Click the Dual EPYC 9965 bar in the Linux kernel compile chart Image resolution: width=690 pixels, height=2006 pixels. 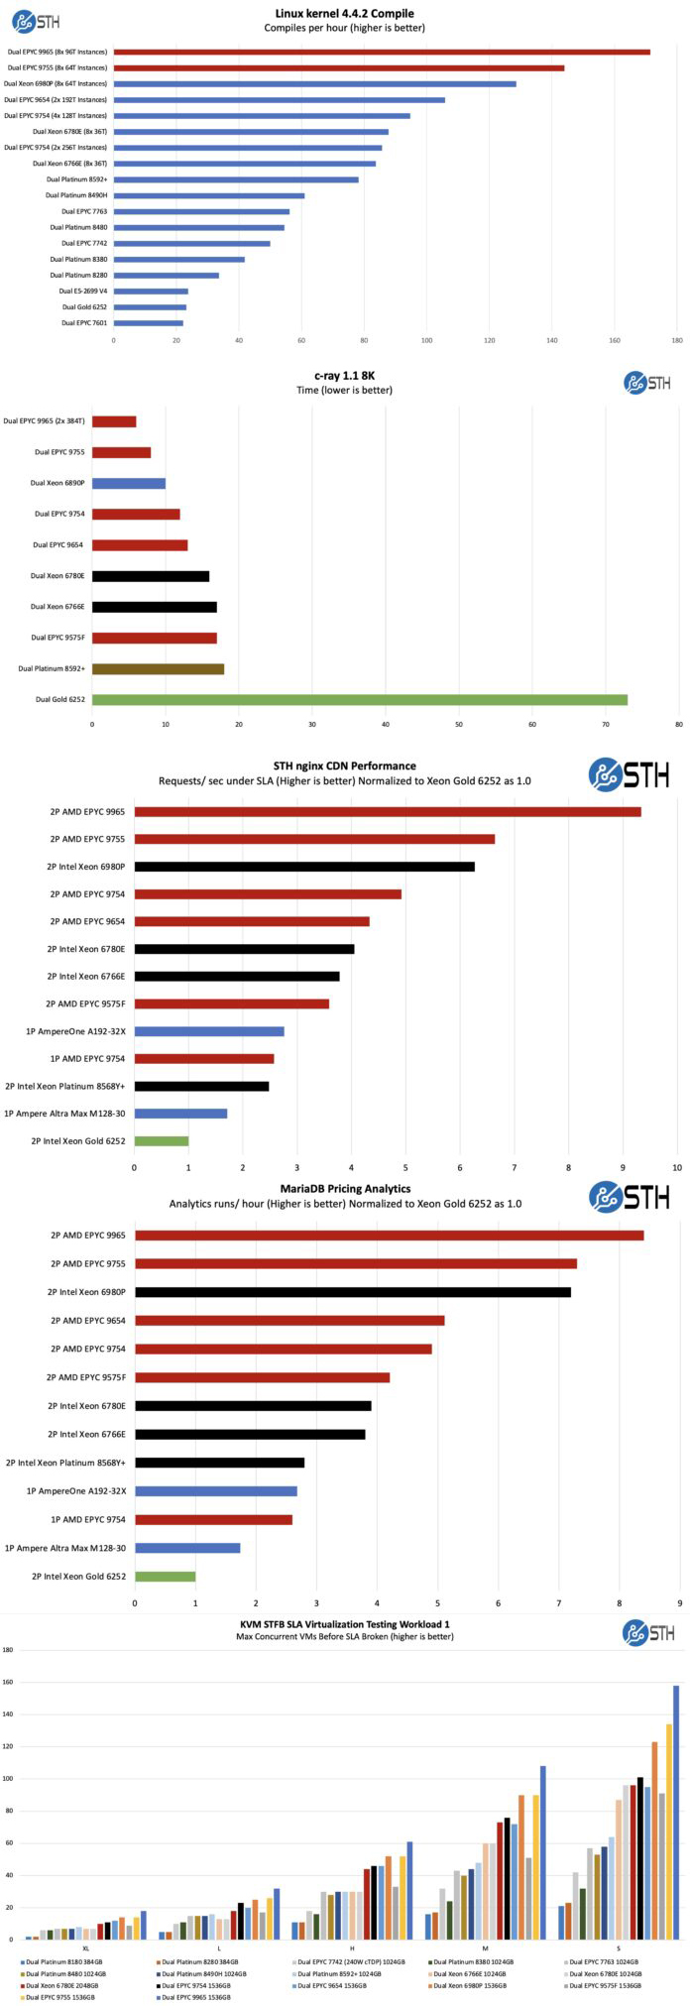[382, 52]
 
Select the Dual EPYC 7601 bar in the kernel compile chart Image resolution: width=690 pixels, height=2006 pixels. [149, 323]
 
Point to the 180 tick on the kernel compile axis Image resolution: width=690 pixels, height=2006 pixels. [677, 341]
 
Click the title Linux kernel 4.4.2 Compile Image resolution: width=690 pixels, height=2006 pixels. [344, 14]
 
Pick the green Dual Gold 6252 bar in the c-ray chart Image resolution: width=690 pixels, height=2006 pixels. [360, 700]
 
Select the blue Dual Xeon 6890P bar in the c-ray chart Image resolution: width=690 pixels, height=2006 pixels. [129, 483]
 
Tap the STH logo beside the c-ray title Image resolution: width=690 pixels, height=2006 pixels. [647, 383]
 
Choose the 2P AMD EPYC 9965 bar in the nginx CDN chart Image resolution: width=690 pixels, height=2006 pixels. [388, 812]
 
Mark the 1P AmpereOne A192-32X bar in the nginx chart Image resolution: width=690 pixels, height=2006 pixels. [209, 1031]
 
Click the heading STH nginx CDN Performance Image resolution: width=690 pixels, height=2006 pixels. [344, 766]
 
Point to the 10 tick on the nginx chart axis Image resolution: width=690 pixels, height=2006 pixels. [677, 1169]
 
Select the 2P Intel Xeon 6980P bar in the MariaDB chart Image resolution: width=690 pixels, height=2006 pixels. [353, 1292]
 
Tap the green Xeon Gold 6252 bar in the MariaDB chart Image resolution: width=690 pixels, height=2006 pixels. [166, 1577]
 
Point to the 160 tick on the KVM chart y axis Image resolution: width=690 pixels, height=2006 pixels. [8, 1682]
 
